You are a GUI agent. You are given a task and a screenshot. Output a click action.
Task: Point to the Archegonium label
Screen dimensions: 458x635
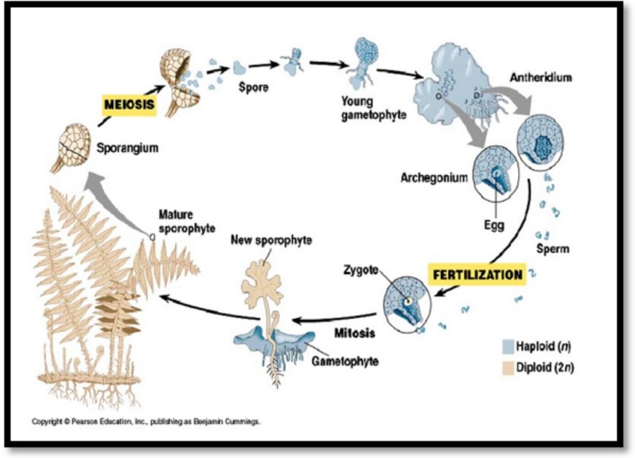coord(433,177)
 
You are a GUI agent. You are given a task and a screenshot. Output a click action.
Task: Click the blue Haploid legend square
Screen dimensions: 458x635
coord(508,346)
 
